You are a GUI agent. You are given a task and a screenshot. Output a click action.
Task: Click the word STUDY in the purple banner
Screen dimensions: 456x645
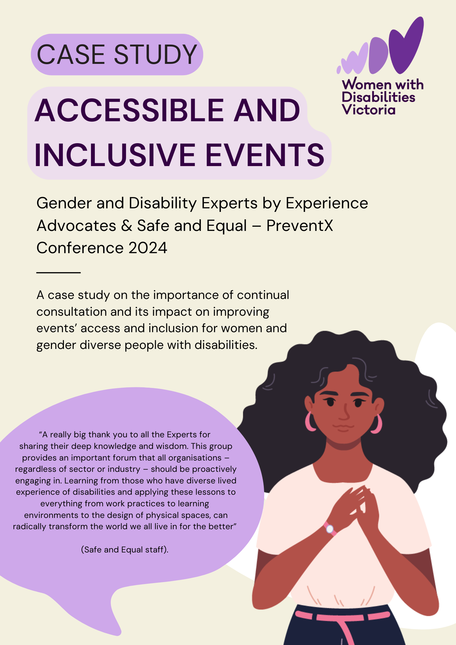[155, 54]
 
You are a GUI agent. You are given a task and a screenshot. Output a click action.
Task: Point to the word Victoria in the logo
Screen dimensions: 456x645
[369, 110]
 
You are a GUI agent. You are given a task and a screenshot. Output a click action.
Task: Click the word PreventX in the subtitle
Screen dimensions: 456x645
[300, 225]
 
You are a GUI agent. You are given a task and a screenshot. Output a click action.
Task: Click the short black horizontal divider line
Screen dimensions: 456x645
[58, 273]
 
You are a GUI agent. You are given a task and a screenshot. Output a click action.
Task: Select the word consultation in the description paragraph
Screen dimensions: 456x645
[72, 312]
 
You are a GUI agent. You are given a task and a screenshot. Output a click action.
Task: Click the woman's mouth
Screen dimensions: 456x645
[343, 428]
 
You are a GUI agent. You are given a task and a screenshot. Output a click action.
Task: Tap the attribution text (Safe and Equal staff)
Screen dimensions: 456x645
[125, 550]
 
